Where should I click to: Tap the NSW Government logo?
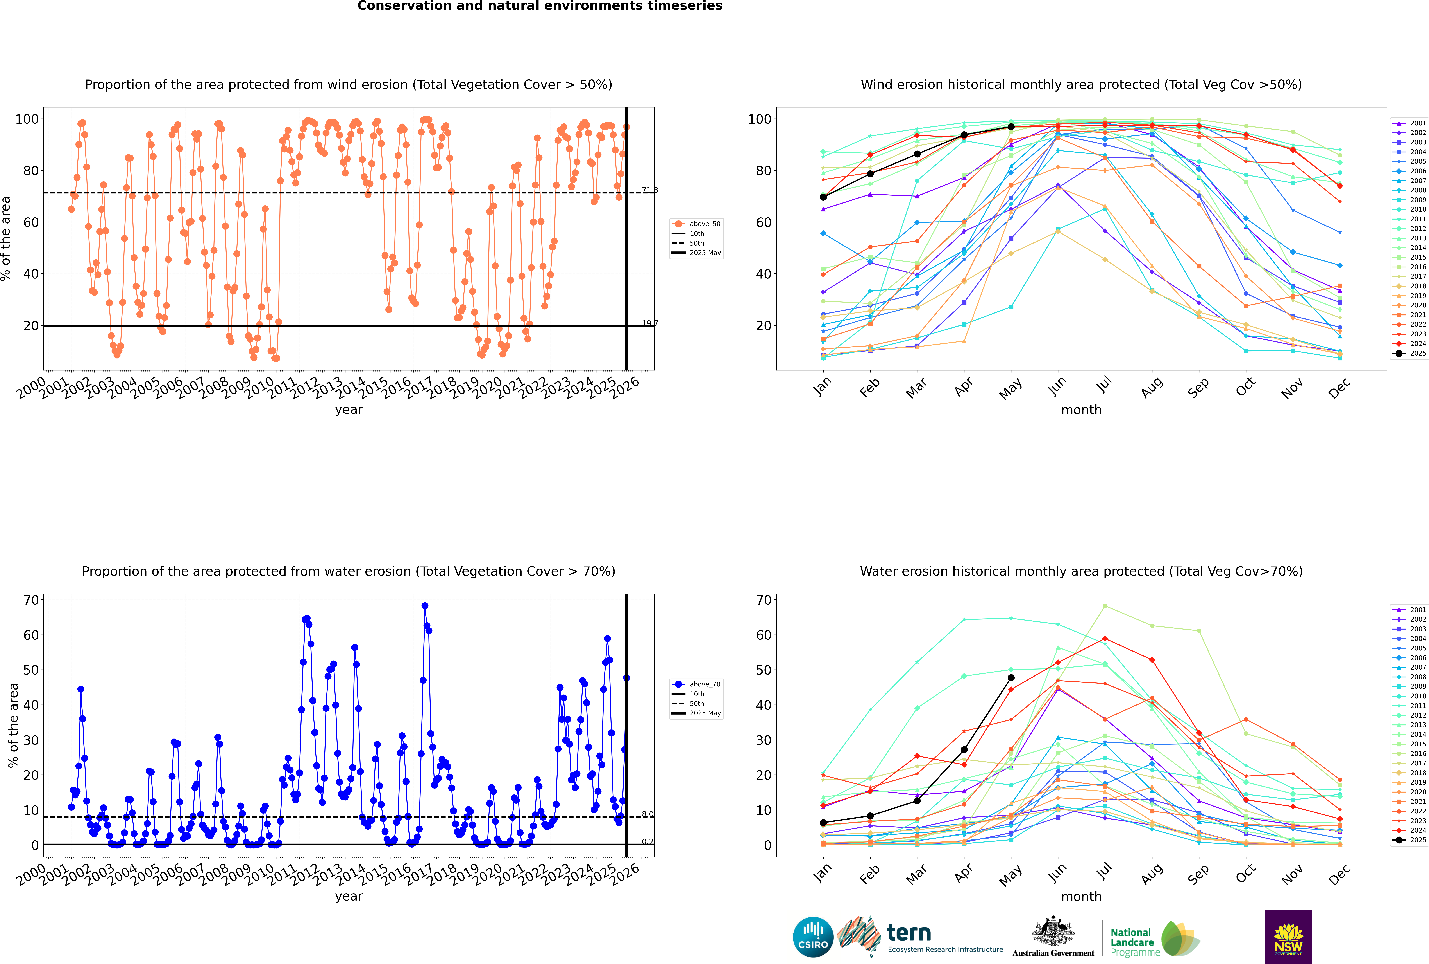1288,936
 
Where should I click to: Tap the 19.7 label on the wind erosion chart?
649,323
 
